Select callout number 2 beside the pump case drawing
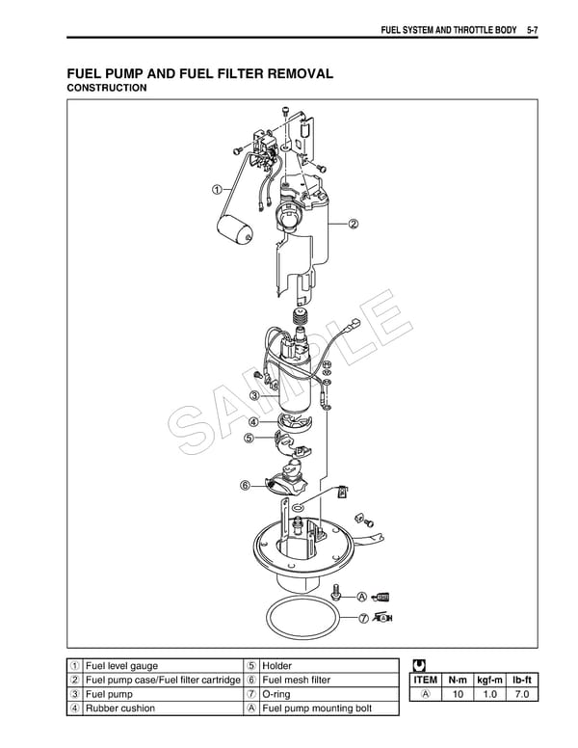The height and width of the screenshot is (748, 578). (353, 225)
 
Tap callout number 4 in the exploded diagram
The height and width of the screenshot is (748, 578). (252, 421)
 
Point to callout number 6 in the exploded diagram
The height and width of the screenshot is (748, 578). (246, 484)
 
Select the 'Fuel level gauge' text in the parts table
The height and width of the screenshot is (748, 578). (121, 666)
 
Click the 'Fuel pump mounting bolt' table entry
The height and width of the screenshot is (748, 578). (316, 708)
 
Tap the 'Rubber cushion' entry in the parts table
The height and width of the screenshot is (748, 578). (120, 708)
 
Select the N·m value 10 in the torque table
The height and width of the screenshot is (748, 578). (458, 694)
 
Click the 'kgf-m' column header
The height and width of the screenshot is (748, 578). (491, 680)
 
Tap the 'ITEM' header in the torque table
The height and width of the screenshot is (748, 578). (425, 680)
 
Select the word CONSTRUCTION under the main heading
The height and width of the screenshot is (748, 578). (106, 89)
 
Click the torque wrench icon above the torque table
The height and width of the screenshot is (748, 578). (417, 665)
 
